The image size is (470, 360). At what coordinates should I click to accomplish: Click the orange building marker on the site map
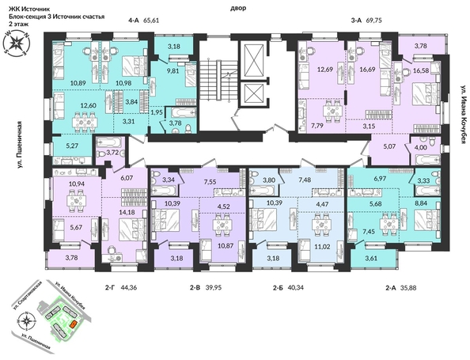click(x=73, y=322)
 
